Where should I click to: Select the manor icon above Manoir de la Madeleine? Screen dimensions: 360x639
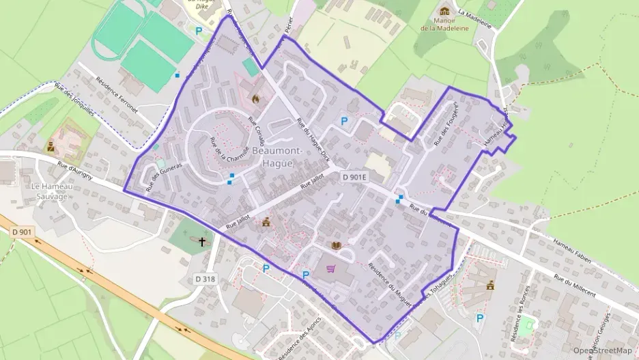(445, 11)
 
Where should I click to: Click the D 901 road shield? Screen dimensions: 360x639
(22, 232)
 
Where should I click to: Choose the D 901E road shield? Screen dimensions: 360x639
(355, 177)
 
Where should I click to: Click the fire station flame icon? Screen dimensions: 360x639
(256, 99)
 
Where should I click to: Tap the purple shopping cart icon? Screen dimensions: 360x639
(332, 268)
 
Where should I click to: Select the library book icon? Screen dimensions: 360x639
(336, 245)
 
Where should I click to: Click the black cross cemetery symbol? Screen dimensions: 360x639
(202, 241)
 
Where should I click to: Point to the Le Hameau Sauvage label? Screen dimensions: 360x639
(51, 191)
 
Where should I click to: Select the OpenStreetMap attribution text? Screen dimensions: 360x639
(602, 350)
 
